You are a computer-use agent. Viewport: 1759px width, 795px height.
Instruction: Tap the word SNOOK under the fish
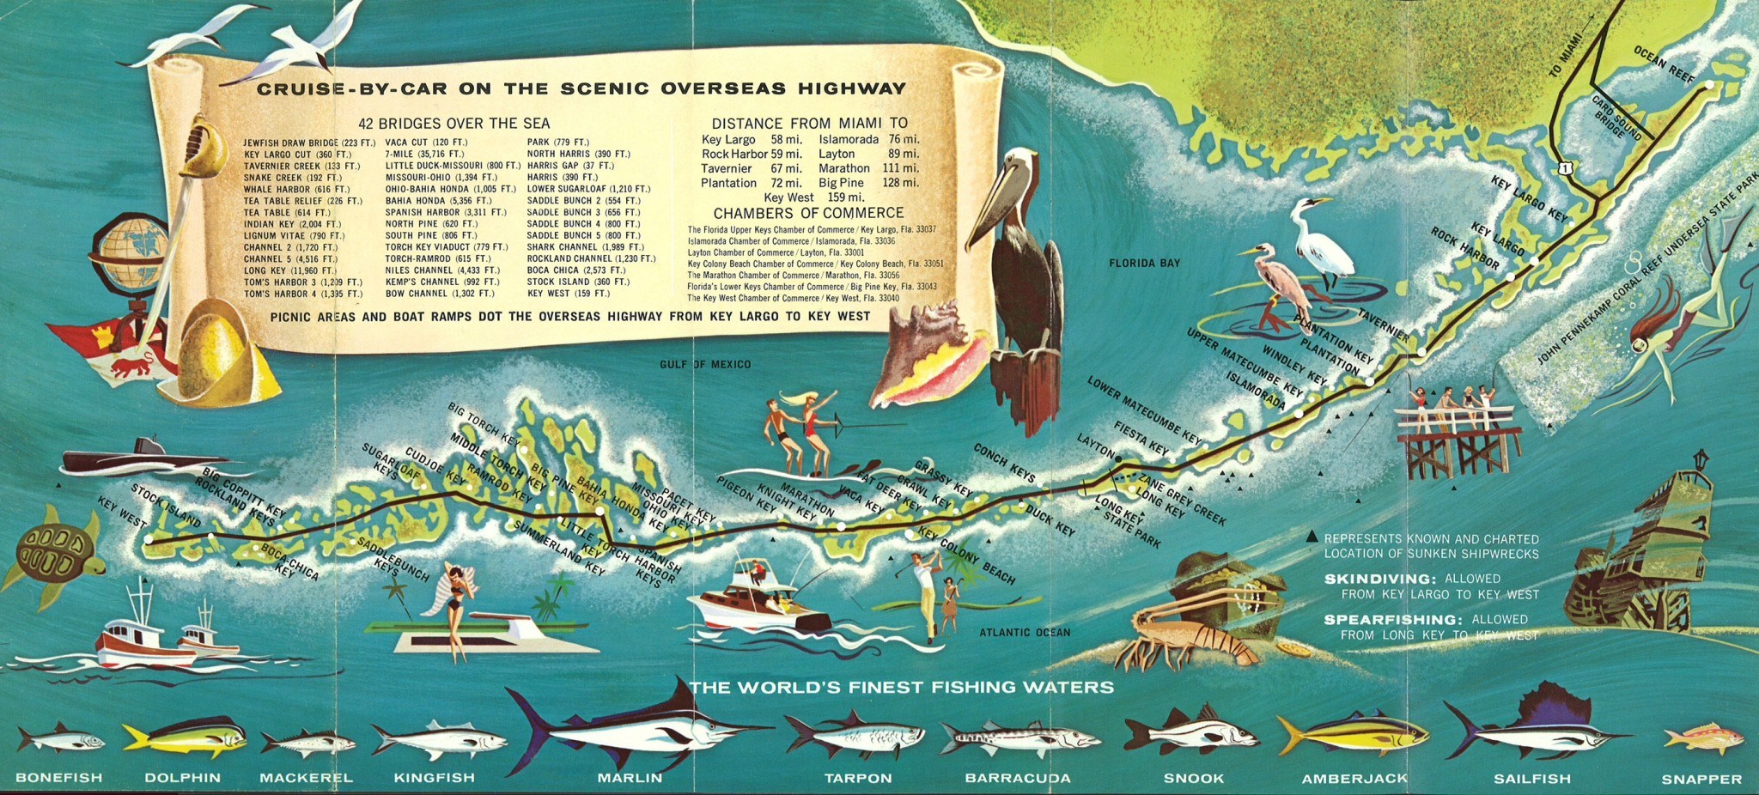[1193, 778]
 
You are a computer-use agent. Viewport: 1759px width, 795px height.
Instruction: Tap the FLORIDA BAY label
[1144, 263]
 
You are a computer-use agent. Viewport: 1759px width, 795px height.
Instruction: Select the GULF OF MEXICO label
[704, 365]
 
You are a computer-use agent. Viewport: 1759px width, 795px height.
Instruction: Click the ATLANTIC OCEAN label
[1025, 633]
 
